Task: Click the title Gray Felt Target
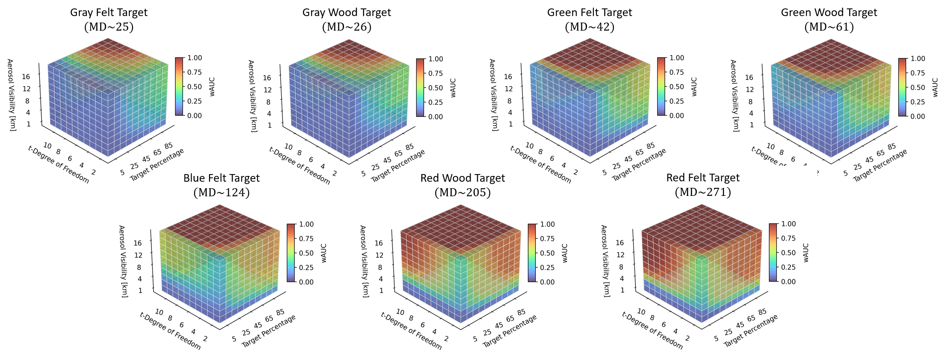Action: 109,13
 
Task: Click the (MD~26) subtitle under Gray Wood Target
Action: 347,27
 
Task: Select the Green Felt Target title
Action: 589,13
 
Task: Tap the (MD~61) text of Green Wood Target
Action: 829,27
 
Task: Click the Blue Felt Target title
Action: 221,178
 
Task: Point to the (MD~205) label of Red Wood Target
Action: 462,192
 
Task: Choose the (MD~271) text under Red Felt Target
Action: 703,192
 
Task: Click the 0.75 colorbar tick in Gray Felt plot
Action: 195,72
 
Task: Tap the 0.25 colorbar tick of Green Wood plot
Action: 918,102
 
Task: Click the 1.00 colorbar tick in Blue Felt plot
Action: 307,224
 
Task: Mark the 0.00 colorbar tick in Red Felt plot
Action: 789,282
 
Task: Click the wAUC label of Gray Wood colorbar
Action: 453,88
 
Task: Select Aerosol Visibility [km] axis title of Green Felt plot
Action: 493,95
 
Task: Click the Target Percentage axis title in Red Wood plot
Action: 510,331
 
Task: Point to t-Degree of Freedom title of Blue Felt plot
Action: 170,331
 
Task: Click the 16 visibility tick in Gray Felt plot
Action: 26,77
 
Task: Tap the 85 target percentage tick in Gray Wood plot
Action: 410,147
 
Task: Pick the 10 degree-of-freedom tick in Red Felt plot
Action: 641,312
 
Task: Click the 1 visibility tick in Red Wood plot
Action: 382,290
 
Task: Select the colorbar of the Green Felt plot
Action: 662,86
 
